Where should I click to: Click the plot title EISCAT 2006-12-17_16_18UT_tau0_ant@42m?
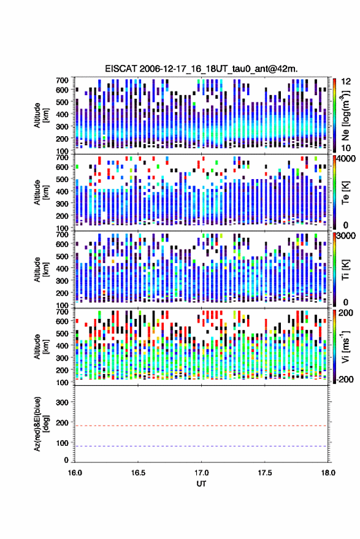point(201,69)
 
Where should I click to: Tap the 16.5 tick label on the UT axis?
point(138,473)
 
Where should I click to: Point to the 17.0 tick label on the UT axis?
point(201,473)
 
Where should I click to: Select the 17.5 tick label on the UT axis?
point(264,473)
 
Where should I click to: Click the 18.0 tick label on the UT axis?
point(327,473)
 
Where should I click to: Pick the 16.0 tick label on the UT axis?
point(75,473)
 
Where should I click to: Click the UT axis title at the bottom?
point(201,484)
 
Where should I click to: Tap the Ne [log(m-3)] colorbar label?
point(345,115)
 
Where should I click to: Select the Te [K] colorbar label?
point(345,193)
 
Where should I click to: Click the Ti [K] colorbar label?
point(345,270)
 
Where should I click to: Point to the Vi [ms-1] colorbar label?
point(345,346)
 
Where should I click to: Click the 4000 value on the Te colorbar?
point(347,159)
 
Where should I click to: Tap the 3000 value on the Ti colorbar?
point(347,236)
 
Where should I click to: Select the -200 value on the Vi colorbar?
point(345,379)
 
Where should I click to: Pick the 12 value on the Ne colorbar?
point(347,82)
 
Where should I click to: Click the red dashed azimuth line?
point(201,426)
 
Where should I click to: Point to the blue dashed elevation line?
point(201,446)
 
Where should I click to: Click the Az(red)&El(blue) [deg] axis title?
point(41,424)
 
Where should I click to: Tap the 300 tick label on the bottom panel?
point(62,402)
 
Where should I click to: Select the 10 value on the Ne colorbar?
point(347,148)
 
